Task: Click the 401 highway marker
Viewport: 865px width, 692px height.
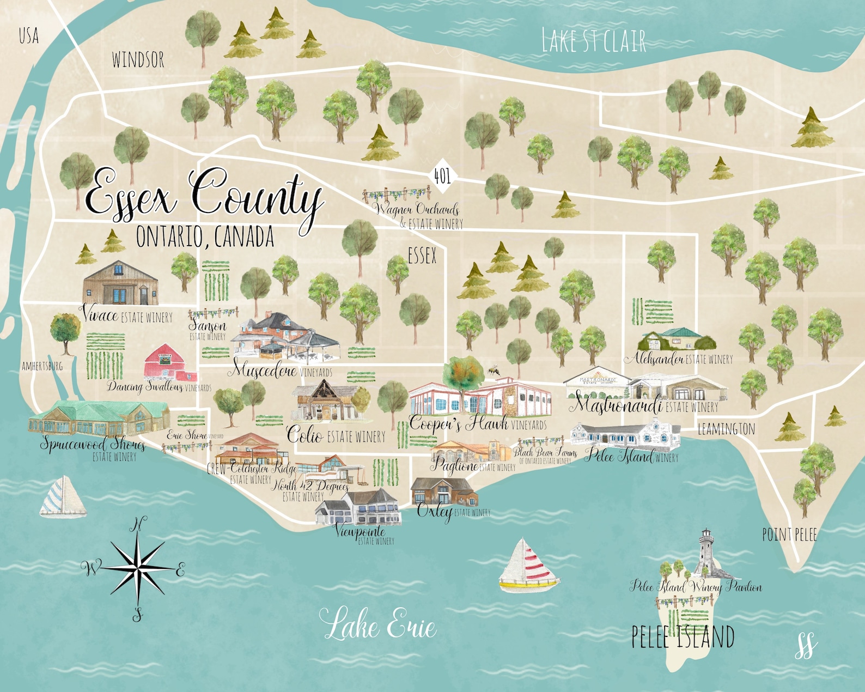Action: (x=442, y=175)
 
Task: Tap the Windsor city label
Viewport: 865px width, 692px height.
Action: (x=138, y=59)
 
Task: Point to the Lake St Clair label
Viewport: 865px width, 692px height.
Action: (x=594, y=41)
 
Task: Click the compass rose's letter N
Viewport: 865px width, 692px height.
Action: (x=138, y=525)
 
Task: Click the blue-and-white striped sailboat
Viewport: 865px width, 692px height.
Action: (x=63, y=497)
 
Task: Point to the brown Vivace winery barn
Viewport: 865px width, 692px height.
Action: (x=120, y=283)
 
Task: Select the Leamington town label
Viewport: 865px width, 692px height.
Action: (x=726, y=429)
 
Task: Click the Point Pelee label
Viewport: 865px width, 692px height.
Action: (x=789, y=535)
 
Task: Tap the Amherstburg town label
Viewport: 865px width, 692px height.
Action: (x=42, y=366)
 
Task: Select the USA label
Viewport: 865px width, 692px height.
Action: (x=28, y=36)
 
